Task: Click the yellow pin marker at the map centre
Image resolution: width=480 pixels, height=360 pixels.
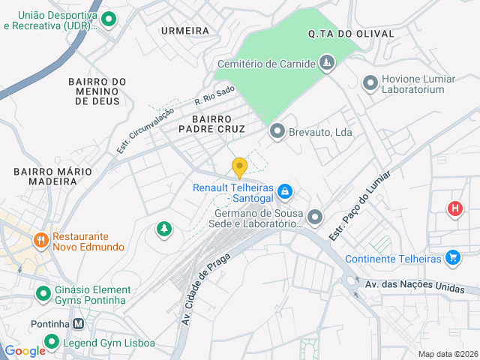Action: click(x=239, y=167)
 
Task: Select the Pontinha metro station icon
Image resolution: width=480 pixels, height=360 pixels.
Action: click(x=78, y=324)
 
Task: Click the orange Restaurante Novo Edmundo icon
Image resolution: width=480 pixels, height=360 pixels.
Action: click(x=40, y=241)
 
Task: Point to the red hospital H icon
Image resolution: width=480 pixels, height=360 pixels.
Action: click(x=454, y=208)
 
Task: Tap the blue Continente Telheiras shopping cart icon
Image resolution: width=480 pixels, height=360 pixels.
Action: click(x=452, y=259)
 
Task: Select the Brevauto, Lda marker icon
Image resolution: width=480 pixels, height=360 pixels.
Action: click(x=277, y=132)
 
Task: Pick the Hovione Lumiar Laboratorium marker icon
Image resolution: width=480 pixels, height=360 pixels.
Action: click(x=370, y=83)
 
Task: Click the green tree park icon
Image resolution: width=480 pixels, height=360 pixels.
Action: click(x=163, y=229)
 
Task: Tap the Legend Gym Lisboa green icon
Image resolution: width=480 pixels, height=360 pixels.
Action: click(x=51, y=343)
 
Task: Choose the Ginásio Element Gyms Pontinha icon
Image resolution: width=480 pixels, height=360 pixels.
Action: click(x=43, y=295)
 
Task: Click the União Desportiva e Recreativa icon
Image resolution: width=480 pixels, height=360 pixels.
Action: click(x=108, y=20)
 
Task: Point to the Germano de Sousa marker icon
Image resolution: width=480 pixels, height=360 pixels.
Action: click(x=315, y=217)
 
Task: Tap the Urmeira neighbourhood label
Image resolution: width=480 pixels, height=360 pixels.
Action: click(x=185, y=31)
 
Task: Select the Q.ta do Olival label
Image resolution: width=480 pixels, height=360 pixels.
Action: click(x=340, y=34)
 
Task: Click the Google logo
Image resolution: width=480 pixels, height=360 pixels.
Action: click(x=25, y=350)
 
